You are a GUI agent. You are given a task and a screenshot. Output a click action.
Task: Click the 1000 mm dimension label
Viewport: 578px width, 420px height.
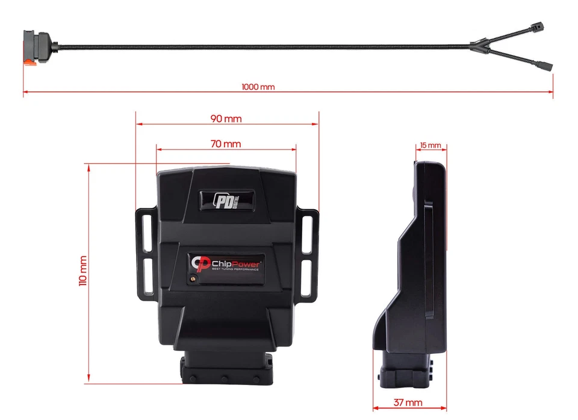coord(258,87)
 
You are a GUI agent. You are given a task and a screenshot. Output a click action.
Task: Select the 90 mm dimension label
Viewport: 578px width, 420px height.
coord(226,119)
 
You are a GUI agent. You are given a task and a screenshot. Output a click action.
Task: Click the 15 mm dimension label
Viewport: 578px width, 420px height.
coord(430,146)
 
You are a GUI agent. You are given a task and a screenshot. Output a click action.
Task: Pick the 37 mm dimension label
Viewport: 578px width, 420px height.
coord(409,402)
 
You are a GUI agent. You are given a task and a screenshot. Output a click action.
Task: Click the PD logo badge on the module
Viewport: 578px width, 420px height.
coord(226,199)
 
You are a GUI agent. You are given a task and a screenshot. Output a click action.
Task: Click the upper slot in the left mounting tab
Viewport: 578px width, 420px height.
coord(146,230)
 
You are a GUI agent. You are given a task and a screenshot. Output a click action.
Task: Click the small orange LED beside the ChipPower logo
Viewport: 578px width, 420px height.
coord(193,278)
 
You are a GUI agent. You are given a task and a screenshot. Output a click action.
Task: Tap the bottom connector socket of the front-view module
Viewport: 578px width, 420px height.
coord(226,368)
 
